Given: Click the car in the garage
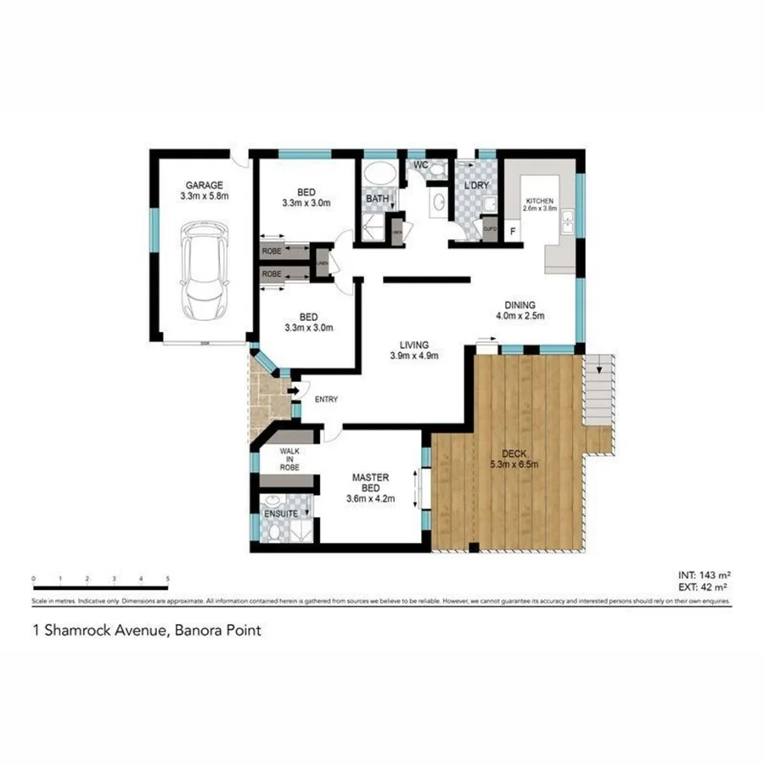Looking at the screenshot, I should click(203, 269).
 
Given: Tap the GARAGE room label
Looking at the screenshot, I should click(205, 185).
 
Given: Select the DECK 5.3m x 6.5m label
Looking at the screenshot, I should click(513, 458).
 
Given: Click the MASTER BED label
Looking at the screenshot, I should click(370, 483).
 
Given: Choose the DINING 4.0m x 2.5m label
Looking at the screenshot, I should click(519, 310).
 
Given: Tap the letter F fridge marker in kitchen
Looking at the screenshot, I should click(512, 231).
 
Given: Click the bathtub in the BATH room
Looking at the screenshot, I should click(379, 177).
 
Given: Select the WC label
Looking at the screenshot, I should click(420, 164).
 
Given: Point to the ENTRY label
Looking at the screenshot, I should click(326, 399).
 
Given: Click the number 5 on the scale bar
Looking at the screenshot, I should click(167, 578).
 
